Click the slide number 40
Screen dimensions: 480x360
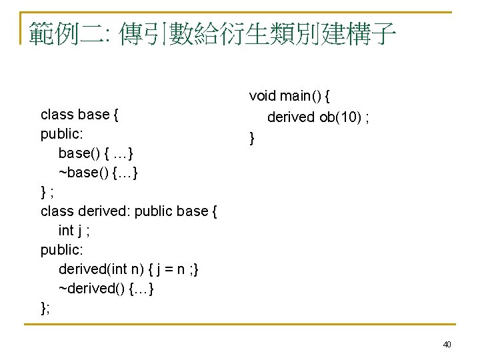[x=447, y=345]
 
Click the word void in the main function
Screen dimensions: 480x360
[x=262, y=96]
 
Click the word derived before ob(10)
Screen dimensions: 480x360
[x=290, y=117]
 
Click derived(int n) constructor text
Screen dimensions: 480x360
[x=101, y=269]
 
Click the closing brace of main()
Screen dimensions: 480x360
[x=252, y=139]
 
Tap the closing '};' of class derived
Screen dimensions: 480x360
[x=45, y=307]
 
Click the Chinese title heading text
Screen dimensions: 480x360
[x=213, y=32]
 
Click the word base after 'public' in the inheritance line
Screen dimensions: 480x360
[x=193, y=211]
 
